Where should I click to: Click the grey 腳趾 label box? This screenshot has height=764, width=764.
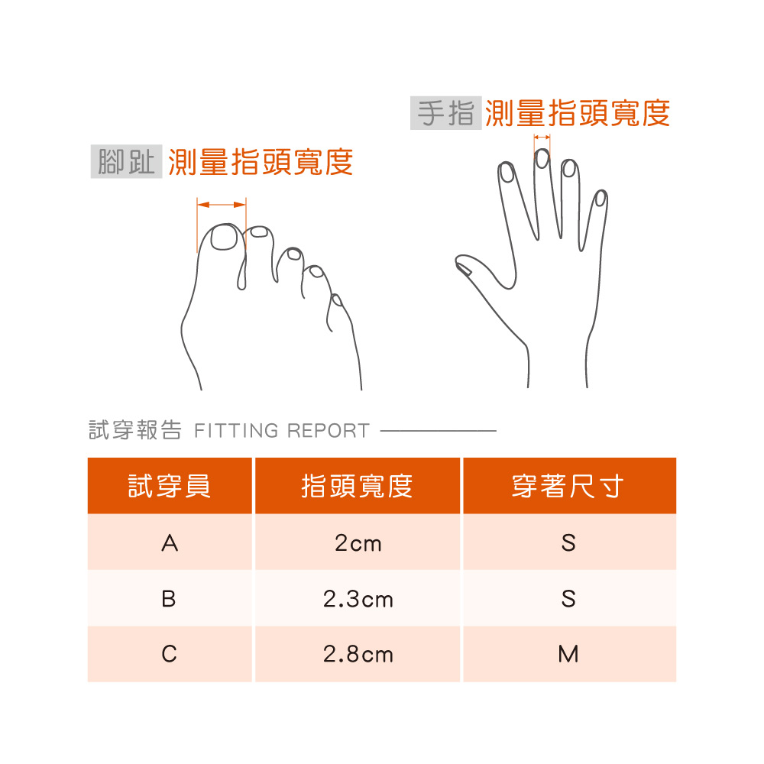(x=126, y=161)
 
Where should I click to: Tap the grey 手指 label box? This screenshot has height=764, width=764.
(x=446, y=113)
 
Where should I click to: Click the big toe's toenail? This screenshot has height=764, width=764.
(x=224, y=238)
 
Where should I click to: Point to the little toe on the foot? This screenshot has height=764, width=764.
(x=335, y=312)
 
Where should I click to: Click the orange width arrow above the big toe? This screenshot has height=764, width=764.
(x=222, y=205)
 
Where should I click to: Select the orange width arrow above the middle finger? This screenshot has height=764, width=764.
(x=542, y=138)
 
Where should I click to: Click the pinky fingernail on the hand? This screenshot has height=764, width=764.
(x=601, y=198)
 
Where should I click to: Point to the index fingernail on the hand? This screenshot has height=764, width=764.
(x=507, y=173)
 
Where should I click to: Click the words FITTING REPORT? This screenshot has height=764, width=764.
(x=282, y=431)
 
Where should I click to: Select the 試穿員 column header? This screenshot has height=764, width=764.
(x=170, y=486)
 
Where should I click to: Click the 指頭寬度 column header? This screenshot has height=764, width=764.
(x=358, y=486)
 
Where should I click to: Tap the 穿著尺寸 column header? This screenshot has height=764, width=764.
(x=570, y=486)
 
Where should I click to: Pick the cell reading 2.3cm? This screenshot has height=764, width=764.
(x=358, y=598)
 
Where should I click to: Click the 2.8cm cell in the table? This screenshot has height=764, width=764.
(x=358, y=654)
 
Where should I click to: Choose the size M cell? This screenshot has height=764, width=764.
(x=570, y=654)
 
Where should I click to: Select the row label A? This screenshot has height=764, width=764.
(x=170, y=542)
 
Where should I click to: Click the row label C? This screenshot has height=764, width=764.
(x=170, y=654)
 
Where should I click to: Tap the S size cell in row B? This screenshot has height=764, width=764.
(x=570, y=598)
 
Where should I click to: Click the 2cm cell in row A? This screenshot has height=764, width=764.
(x=358, y=542)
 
